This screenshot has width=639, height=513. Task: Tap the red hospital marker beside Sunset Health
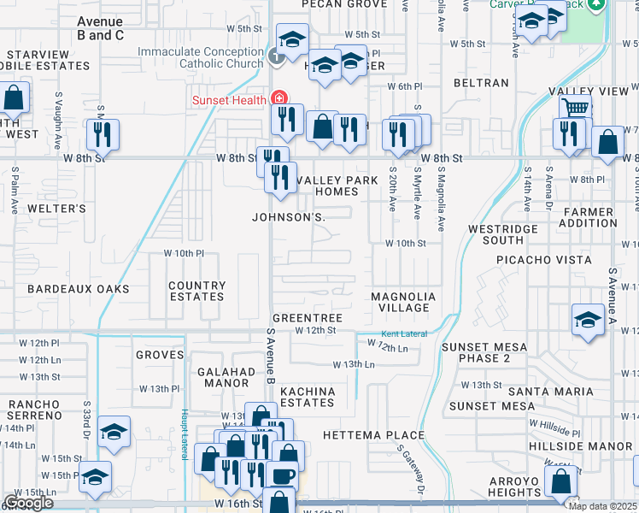click(278, 99)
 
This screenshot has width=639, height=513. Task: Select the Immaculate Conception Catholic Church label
click(201, 57)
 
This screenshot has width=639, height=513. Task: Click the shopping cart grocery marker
click(576, 109)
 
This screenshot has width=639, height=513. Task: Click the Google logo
click(28, 504)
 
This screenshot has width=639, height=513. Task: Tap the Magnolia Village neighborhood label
click(403, 302)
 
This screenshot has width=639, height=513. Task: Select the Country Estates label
click(196, 292)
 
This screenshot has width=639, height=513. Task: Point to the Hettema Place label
click(373, 435)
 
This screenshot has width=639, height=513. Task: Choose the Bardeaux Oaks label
click(78, 289)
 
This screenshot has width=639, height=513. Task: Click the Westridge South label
click(503, 234)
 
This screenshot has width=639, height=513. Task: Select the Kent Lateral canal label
click(403, 333)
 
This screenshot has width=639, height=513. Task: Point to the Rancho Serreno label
click(35, 409)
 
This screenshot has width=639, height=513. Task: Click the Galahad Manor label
click(226, 377)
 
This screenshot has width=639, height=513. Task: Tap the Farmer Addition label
click(588, 217)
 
